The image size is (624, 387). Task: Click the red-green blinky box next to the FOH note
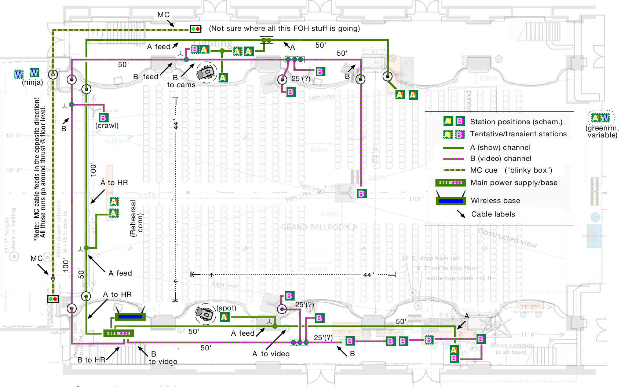[x=196, y=29]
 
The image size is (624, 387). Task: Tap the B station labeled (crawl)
[x=103, y=118]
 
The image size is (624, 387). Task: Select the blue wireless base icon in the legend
[x=450, y=201]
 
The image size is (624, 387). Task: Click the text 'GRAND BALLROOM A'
[x=319, y=227]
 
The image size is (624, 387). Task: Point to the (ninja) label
[x=32, y=82]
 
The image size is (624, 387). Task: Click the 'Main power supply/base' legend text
[x=514, y=183]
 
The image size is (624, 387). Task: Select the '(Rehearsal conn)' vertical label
[x=136, y=218]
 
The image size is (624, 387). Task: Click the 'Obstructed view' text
[x=507, y=237]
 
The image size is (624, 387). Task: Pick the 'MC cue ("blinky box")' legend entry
[x=511, y=170]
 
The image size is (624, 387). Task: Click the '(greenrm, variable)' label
[x=602, y=132]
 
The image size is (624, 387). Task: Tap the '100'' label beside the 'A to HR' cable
[x=94, y=169]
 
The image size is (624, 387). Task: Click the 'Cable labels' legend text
[x=493, y=214]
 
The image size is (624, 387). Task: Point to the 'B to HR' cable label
[x=91, y=360]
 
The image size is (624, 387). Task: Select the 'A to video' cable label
[x=271, y=354]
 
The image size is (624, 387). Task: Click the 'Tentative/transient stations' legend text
[x=518, y=134]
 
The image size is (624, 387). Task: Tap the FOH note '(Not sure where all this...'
[x=284, y=28]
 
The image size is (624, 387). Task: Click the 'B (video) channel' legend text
[x=500, y=158]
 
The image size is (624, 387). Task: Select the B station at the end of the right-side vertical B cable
[x=362, y=193]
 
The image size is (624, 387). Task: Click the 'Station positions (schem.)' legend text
[x=516, y=122]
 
